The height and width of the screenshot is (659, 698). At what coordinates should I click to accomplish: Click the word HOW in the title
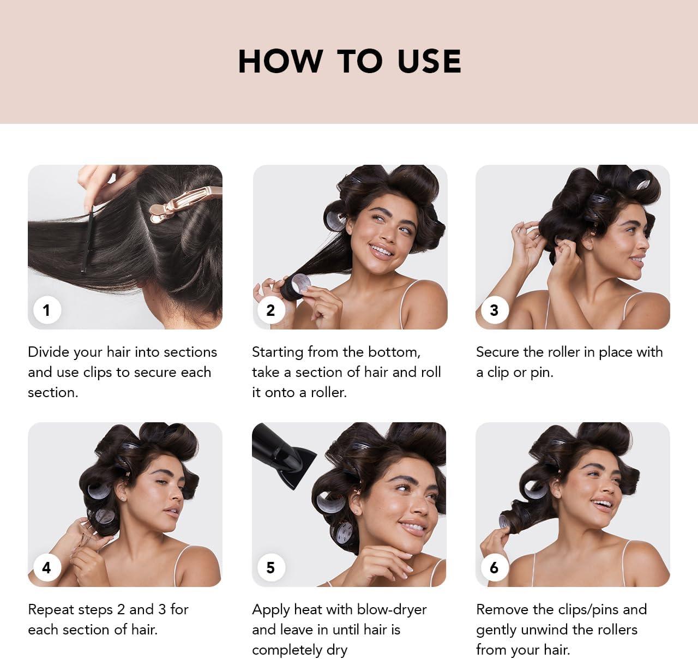[x=280, y=61]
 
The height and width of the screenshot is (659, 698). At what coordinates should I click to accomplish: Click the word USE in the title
[x=429, y=61]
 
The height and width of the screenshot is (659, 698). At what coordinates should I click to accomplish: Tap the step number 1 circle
[x=46, y=310]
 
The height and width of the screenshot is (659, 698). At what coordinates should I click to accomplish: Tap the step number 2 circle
[x=270, y=310]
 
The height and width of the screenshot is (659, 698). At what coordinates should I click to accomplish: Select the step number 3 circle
[x=494, y=310]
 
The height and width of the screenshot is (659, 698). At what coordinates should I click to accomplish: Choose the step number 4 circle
[x=46, y=567]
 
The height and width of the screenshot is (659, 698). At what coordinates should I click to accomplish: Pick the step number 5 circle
[x=270, y=567]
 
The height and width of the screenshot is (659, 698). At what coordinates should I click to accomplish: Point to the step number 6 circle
[x=494, y=567]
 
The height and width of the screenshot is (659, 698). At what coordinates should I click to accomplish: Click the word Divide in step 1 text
[x=50, y=352]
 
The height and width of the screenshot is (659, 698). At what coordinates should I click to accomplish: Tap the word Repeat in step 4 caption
[x=50, y=609]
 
